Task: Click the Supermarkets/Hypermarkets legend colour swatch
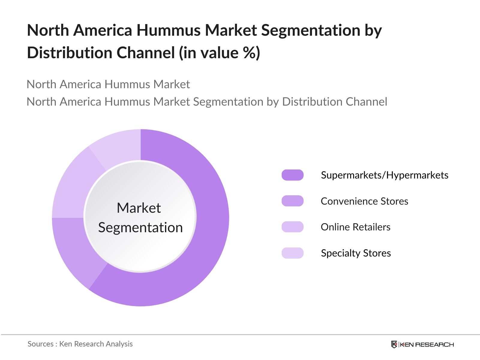[x=292, y=175]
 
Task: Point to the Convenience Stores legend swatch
[x=292, y=201]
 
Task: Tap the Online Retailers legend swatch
[x=292, y=227]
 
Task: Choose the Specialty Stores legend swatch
[x=292, y=253]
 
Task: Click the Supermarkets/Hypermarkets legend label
[x=385, y=175]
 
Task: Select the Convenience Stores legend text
[x=364, y=201]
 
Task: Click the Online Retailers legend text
[x=355, y=227]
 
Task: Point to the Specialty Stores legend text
[x=356, y=253]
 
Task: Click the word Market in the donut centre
[x=139, y=208]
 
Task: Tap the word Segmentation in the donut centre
[x=140, y=227]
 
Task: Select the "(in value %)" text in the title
[x=219, y=53]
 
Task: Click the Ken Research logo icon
[x=394, y=344]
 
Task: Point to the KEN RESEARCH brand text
[x=427, y=345]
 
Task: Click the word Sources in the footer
[x=40, y=344]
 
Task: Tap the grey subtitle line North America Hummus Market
[x=108, y=84]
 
